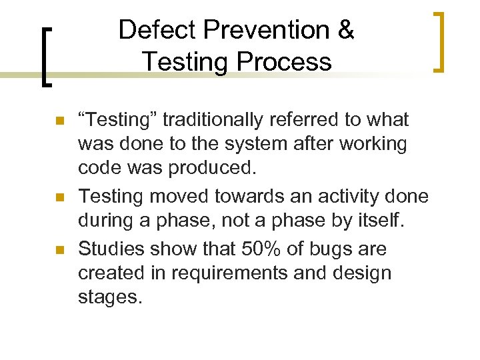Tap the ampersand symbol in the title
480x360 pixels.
345,31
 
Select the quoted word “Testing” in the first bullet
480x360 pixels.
117,121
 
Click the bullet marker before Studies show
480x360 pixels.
59,251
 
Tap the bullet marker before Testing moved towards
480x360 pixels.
59,197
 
